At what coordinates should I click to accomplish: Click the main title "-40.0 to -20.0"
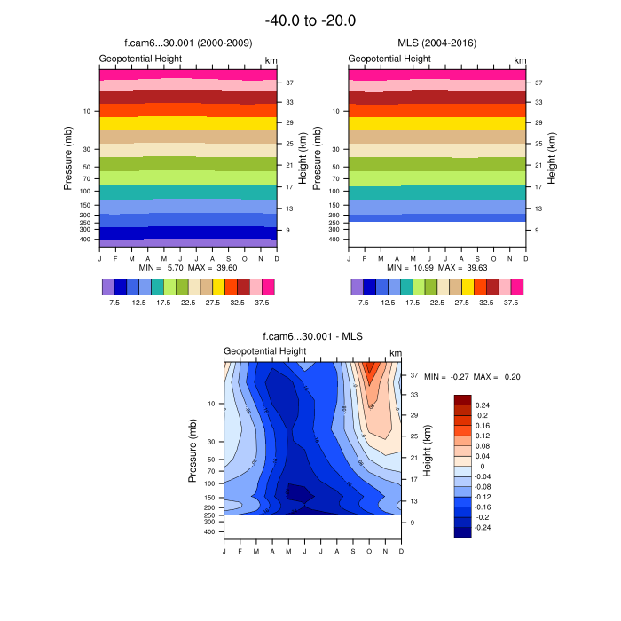click(310, 20)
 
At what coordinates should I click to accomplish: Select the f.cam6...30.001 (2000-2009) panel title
click(187, 42)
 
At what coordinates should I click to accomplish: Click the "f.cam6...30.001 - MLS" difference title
click(312, 336)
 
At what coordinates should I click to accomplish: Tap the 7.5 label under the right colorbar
click(363, 302)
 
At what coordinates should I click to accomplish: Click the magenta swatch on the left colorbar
click(268, 287)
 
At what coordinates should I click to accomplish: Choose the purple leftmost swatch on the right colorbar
click(357, 287)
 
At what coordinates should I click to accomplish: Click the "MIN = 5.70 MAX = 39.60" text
click(188, 268)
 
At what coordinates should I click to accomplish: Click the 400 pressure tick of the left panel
click(86, 240)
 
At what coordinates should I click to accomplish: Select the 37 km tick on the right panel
click(538, 83)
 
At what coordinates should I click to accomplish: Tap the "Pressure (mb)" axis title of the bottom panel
click(193, 452)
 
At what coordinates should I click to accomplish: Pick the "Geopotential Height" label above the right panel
click(389, 59)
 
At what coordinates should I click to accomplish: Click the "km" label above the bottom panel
click(395, 352)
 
